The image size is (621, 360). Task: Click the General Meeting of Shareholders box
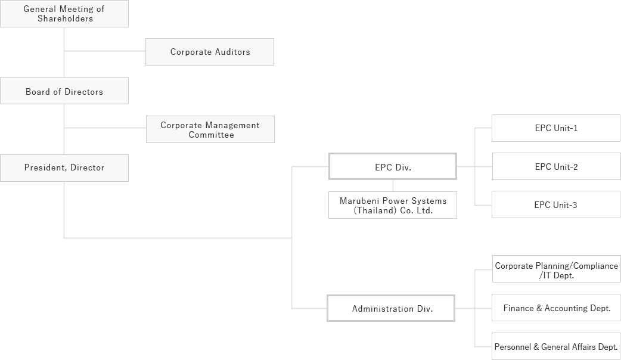(x=64, y=14)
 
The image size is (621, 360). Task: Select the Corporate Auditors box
(x=210, y=52)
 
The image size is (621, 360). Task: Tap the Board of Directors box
(x=64, y=91)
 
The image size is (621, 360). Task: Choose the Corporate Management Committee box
(x=210, y=129)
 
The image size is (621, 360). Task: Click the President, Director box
(x=64, y=167)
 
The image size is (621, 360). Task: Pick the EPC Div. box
(x=392, y=167)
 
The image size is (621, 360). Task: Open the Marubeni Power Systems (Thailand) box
(x=392, y=205)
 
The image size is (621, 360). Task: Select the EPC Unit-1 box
(x=555, y=128)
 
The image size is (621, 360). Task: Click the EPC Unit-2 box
(x=555, y=166)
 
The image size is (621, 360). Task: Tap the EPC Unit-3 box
(x=555, y=204)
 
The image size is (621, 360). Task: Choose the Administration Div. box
(x=391, y=308)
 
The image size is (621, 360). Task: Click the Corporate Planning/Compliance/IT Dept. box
(x=556, y=271)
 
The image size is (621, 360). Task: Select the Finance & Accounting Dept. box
(x=556, y=308)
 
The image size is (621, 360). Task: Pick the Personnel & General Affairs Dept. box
(x=556, y=346)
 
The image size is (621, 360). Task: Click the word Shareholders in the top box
(x=65, y=18)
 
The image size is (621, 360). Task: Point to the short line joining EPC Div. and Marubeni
(x=392, y=185)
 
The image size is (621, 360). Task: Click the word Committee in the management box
(x=211, y=135)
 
